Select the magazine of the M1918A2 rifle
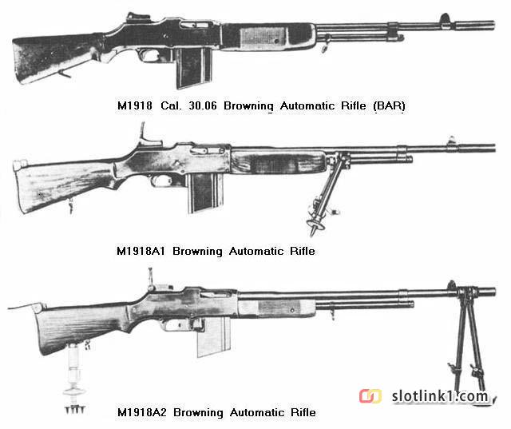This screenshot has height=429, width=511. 214,337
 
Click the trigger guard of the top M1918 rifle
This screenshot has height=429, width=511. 153,55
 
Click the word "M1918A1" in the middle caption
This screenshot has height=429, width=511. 141,251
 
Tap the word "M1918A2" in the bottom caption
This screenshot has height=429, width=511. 142,412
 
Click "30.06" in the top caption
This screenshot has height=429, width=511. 203,105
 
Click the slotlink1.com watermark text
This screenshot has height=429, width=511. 440,396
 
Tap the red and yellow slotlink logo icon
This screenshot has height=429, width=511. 370,396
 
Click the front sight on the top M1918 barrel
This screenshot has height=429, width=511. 445,18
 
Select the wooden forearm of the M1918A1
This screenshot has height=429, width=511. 279,162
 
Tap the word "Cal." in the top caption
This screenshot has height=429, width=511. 170,105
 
